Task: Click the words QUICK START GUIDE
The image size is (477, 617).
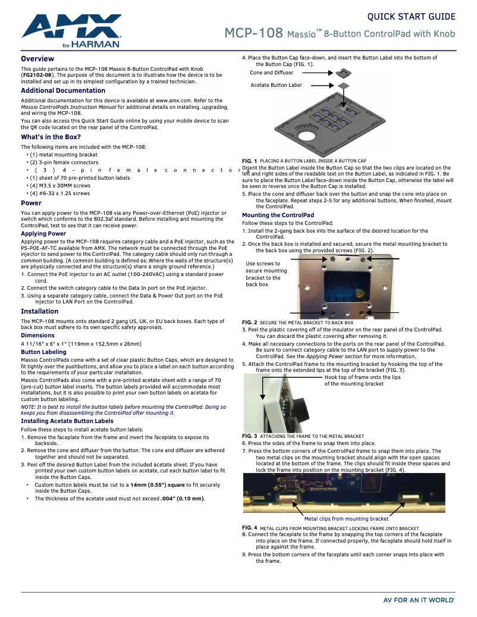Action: pyautogui.click(x=412, y=17)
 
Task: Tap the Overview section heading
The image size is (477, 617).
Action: pyautogui.click(x=37, y=59)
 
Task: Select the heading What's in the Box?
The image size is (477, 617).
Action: pyautogui.click(x=51, y=137)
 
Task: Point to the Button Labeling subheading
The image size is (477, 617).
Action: pyautogui.click(x=43, y=352)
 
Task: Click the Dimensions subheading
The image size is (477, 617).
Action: pyautogui.click(x=37, y=336)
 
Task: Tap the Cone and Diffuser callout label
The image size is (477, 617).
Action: pyautogui.click(x=272, y=73)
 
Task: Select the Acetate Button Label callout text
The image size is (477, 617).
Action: pyautogui.click(x=276, y=85)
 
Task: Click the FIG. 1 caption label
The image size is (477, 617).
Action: pyautogui.click(x=249, y=161)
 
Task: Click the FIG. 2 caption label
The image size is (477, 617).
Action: pyautogui.click(x=249, y=322)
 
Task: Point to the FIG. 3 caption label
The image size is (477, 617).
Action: pyautogui.click(x=249, y=436)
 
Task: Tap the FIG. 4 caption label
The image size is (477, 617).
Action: pyautogui.click(x=249, y=528)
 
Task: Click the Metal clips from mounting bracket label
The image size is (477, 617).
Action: pyautogui.click(x=346, y=519)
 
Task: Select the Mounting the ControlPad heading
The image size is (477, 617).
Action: pyautogui.click(x=278, y=215)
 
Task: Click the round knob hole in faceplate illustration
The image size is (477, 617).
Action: pyautogui.click(x=307, y=136)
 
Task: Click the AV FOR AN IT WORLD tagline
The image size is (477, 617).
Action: pyautogui.click(x=419, y=600)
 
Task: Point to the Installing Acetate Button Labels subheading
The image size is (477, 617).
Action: pyautogui.click(x=67, y=421)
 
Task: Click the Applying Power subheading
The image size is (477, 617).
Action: pyautogui.click(x=43, y=234)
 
